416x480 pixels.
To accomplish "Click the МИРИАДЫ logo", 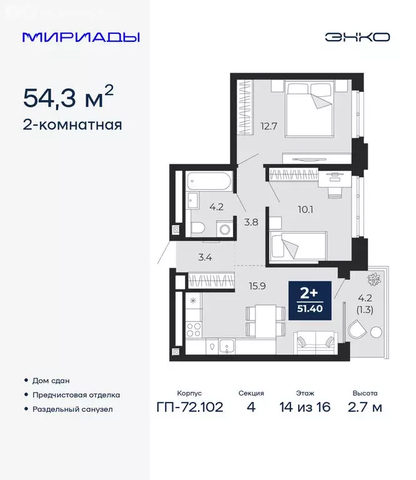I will point(81,37).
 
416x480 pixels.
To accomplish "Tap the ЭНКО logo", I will point(357,37).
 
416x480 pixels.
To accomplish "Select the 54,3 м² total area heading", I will point(68,97).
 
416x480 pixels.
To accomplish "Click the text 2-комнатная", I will point(72,125).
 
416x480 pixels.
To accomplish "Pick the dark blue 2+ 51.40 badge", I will point(310,300).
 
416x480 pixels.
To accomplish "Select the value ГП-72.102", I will point(190,407).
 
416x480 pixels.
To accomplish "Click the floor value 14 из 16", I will point(305,407).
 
